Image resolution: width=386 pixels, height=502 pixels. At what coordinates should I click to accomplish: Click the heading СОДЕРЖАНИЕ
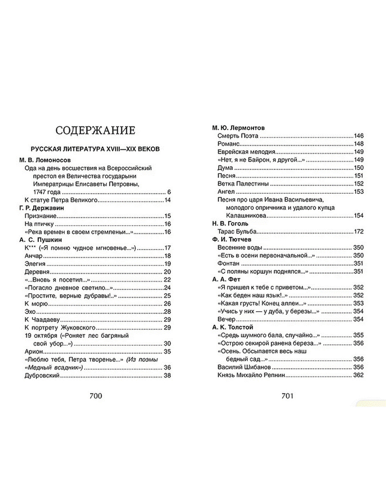pyautogui.click(x=95, y=130)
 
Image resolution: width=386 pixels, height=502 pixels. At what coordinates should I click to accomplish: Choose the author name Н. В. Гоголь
pyautogui.click(x=230, y=224)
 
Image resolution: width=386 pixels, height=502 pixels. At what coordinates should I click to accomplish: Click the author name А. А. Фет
pyautogui.click(x=226, y=279)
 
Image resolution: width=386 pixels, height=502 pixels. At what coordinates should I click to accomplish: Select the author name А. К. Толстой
pyautogui.click(x=232, y=327)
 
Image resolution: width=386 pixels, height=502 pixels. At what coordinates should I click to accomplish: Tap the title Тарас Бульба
pyautogui.click(x=237, y=232)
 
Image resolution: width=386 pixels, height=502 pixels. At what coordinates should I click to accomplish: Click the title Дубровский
pyautogui.click(x=42, y=375)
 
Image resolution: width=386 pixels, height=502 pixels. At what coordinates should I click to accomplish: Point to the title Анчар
pyautogui.click(x=33, y=256)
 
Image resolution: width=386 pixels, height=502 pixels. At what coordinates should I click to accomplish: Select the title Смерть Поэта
pyautogui.click(x=238, y=136)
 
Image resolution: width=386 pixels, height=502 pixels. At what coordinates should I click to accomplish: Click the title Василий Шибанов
pyautogui.click(x=244, y=367)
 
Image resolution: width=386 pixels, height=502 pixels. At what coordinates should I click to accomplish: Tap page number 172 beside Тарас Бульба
pyautogui.click(x=359, y=232)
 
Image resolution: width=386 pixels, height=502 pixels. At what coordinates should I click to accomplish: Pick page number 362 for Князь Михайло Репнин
pyautogui.click(x=358, y=375)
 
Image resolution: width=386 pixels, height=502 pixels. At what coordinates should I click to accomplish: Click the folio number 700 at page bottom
pyautogui.click(x=95, y=396)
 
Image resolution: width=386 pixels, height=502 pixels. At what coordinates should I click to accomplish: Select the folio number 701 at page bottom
pyautogui.click(x=288, y=396)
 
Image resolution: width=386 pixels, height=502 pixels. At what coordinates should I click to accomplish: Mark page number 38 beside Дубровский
pyautogui.click(x=167, y=375)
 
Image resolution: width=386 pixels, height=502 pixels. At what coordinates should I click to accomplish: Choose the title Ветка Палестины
pyautogui.click(x=242, y=184)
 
